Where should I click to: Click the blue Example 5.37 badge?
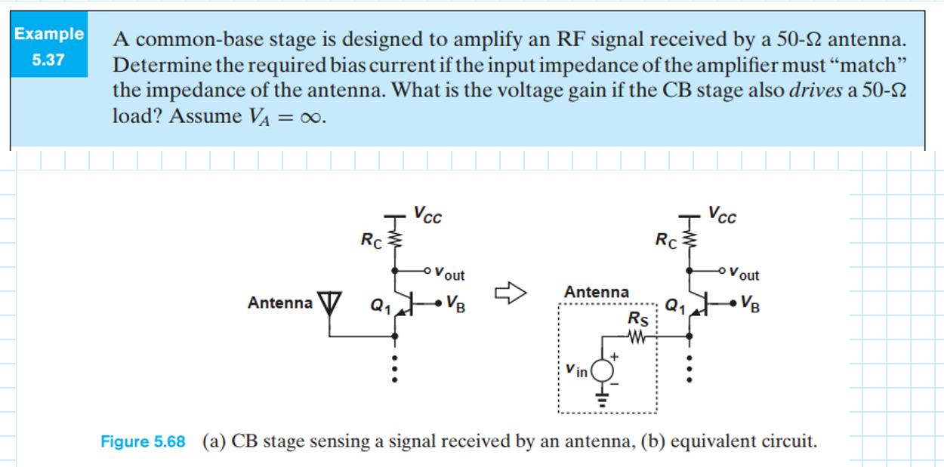(48, 45)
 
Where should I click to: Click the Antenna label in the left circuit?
(279, 303)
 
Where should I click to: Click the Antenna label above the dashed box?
(596, 292)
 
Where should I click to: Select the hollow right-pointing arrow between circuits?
(508, 291)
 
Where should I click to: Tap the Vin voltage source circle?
(602, 370)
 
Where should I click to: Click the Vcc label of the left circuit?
(427, 216)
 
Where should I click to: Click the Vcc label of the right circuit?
(723, 216)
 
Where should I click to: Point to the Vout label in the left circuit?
(450, 275)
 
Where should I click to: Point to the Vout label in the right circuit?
(745, 275)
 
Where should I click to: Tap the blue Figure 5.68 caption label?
(143, 441)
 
